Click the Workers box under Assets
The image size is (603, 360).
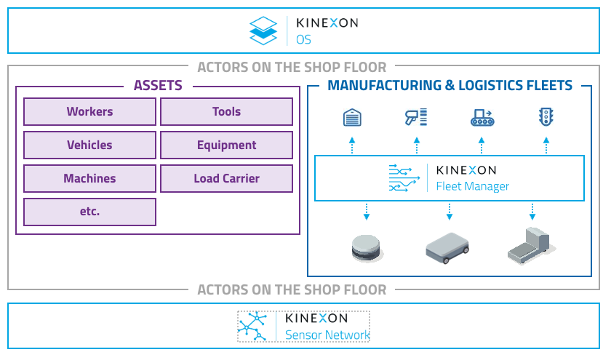(x=89, y=112)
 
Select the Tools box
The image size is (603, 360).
(x=226, y=112)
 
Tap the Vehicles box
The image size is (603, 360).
(x=89, y=145)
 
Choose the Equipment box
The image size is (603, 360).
(x=226, y=145)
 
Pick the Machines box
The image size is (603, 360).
(x=89, y=179)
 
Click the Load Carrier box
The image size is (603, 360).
(x=226, y=179)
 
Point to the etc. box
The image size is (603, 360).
(x=89, y=212)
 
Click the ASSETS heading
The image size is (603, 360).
(x=158, y=86)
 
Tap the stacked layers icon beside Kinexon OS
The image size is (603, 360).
(x=263, y=30)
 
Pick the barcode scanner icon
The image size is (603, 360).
(x=416, y=116)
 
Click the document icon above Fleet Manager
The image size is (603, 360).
(x=352, y=116)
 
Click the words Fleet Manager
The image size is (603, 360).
(x=472, y=186)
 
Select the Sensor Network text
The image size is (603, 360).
(x=327, y=335)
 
